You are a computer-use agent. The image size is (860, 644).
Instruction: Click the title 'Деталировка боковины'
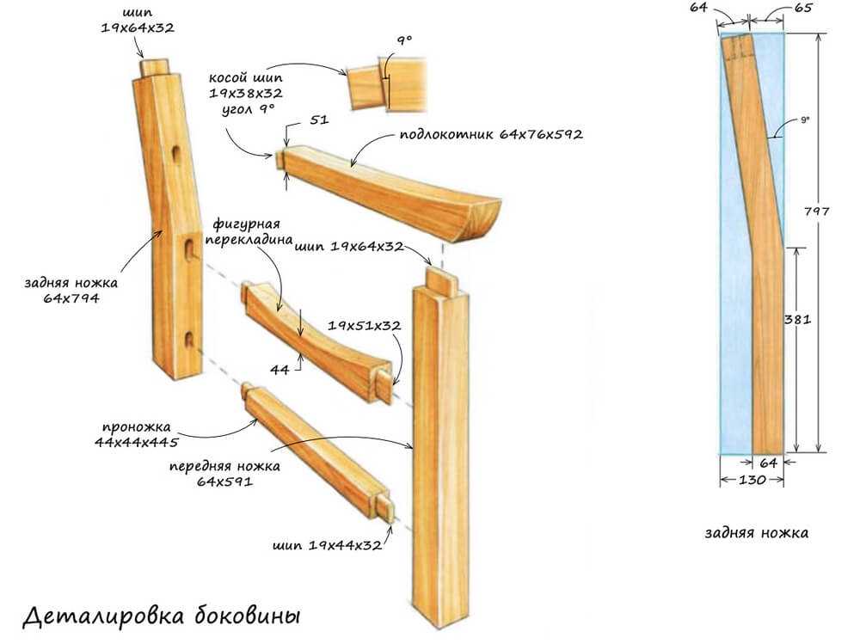tap(161, 616)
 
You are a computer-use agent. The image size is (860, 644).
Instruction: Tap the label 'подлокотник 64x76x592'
tap(491, 136)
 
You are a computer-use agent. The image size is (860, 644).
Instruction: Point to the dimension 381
tap(798, 318)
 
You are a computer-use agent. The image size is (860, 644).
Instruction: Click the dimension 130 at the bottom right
tap(752, 481)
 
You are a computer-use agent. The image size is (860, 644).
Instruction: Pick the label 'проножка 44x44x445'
tap(138, 435)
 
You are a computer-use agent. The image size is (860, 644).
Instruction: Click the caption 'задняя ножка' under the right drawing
tap(756, 533)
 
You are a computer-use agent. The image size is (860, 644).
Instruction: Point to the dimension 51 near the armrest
tap(319, 121)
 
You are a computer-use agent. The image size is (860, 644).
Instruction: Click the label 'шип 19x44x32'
tap(326, 546)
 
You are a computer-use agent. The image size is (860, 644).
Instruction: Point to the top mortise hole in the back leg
tap(176, 156)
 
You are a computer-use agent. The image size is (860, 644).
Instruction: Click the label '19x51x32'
tap(365, 327)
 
